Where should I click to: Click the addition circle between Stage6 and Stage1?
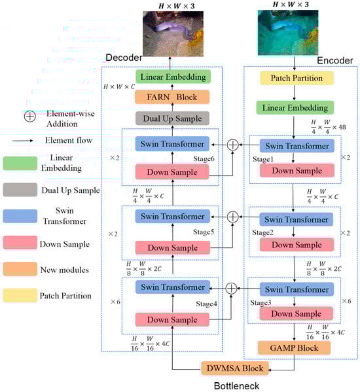(232, 144)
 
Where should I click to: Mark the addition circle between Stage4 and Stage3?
(232, 287)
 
